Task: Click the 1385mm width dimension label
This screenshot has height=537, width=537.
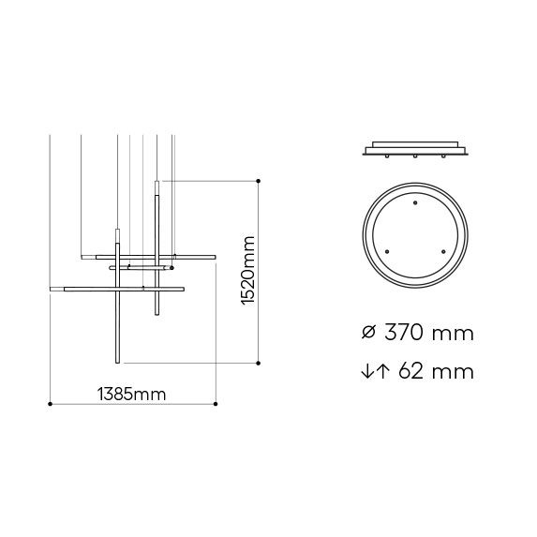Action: pyautogui.click(x=131, y=395)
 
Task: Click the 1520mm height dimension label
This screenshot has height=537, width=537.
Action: pyautogui.click(x=248, y=271)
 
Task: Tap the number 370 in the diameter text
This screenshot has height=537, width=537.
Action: pyautogui.click(x=404, y=332)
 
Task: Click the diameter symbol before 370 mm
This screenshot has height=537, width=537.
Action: pyautogui.click(x=368, y=332)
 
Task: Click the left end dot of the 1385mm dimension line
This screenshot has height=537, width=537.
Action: pyautogui.click(x=51, y=404)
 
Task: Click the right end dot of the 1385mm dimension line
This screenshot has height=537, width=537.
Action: pyautogui.click(x=216, y=404)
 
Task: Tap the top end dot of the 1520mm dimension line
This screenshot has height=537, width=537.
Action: pyautogui.click(x=259, y=181)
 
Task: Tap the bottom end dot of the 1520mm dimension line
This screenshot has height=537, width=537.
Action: pyautogui.click(x=259, y=363)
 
